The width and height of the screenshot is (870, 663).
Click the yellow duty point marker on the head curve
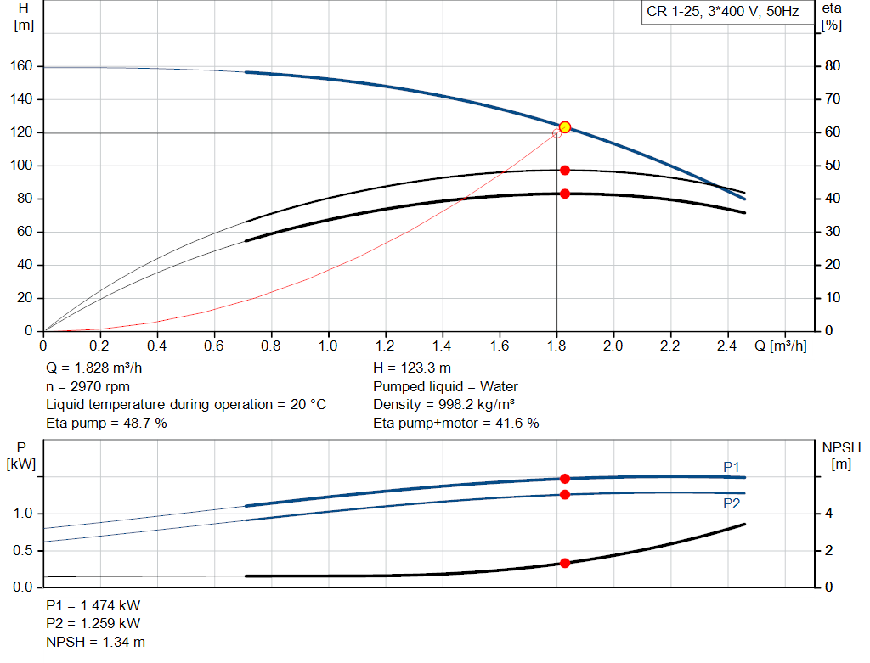[565, 127]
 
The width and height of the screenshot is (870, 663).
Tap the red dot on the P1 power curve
[565, 479]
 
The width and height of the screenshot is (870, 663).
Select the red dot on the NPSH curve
[565, 563]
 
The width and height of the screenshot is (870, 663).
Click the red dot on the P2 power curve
[565, 494]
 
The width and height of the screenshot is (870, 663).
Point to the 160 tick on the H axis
[21, 66]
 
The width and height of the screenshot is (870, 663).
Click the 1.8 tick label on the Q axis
[556, 346]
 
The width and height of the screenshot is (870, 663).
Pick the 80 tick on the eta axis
[833, 66]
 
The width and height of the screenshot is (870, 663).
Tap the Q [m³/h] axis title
[780, 346]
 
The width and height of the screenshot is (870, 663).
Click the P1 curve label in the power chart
[732, 467]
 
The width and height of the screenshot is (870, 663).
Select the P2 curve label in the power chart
[732, 503]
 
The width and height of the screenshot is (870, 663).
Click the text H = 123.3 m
[412, 368]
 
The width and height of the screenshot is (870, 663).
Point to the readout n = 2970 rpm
[88, 386]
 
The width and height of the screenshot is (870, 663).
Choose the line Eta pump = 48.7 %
[106, 423]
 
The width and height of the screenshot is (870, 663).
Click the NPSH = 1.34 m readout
[95, 642]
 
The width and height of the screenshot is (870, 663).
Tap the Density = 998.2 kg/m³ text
[443, 404]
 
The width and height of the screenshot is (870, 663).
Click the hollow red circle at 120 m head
[556, 133]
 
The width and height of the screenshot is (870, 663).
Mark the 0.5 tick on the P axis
[23, 550]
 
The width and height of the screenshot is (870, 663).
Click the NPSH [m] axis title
[841, 455]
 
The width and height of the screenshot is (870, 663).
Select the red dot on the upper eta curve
[565, 170]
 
